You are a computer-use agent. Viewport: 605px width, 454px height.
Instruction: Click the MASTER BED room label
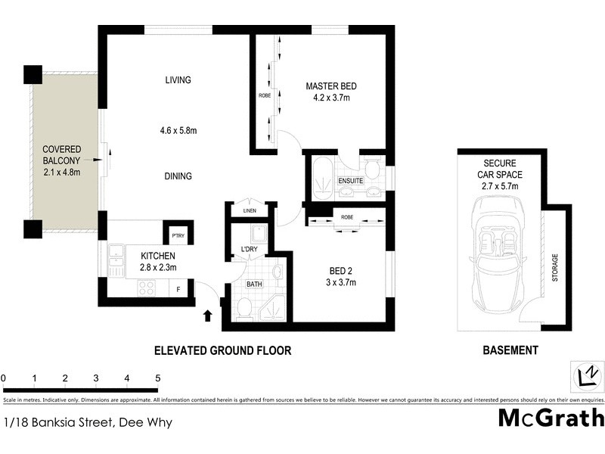pyautogui.click(x=330, y=86)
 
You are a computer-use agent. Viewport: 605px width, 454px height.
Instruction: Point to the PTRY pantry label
pyautogui.click(x=178, y=235)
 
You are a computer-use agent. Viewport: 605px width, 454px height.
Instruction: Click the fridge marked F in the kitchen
pyautogui.click(x=178, y=288)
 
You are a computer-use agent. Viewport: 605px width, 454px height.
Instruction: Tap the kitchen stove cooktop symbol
pyautogui.click(x=146, y=288)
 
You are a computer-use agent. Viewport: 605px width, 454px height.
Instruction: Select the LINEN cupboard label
pyautogui.click(x=250, y=210)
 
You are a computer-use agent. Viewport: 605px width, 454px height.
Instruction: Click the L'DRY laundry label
pyautogui.click(x=250, y=250)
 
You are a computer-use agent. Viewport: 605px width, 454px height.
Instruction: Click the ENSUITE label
pyautogui.click(x=351, y=182)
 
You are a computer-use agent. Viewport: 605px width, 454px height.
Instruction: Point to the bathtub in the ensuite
pyautogui.click(x=318, y=176)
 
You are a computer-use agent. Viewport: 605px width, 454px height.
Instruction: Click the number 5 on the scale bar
pyautogui.click(x=157, y=378)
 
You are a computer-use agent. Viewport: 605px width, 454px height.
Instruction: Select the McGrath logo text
pyautogui.click(x=551, y=418)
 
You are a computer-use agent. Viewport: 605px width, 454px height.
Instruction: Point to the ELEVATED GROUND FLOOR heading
pyautogui.click(x=222, y=350)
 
